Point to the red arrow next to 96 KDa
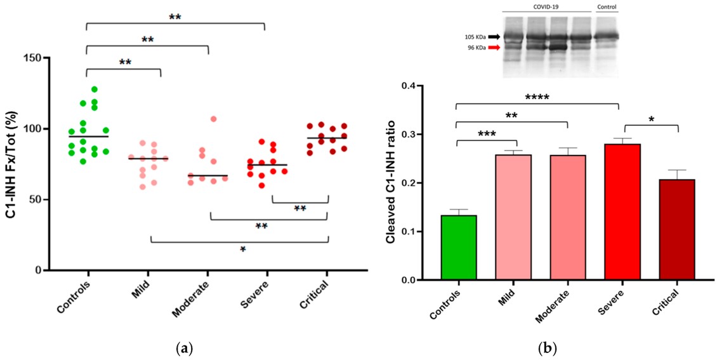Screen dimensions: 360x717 point(493,48)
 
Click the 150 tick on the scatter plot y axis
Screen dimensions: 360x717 point(40,58)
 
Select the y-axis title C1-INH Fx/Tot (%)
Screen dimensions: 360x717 point(11,163)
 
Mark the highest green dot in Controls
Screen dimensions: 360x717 point(94,90)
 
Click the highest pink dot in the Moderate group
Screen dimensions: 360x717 point(213,119)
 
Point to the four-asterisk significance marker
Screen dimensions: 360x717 point(537,98)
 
